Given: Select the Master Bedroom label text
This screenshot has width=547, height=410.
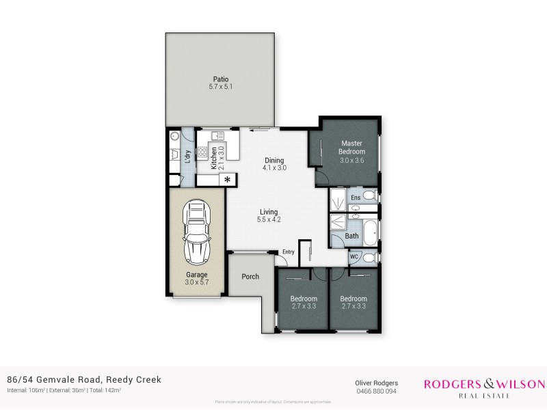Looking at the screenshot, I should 353,147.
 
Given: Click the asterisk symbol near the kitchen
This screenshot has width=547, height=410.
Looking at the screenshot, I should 228,180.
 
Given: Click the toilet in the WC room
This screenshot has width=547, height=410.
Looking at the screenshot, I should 368,258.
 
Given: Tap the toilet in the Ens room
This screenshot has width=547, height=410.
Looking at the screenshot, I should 369,197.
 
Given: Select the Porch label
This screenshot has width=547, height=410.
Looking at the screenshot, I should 250,277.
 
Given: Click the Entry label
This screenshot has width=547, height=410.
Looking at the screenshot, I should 288,252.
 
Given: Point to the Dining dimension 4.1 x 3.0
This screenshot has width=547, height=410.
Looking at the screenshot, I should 275,167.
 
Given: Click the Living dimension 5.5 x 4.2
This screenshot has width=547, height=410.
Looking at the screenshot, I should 269,219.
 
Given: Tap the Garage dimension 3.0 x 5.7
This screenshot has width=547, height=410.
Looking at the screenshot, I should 196,282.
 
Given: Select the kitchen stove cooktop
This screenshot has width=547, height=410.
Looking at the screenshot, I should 202,153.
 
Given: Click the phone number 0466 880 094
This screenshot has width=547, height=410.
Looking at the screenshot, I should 375,392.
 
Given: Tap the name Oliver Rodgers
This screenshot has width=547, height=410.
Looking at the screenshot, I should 375,383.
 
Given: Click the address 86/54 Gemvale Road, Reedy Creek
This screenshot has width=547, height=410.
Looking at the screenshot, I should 84,379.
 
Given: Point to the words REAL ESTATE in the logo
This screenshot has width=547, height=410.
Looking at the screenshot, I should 485,394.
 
